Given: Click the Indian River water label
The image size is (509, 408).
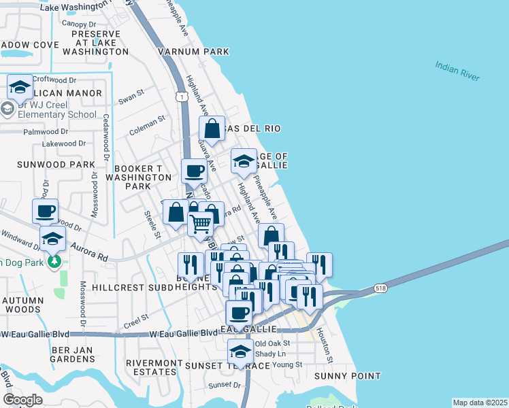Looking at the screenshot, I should [x=458, y=71].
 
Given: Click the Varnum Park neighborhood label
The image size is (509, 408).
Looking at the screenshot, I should [x=193, y=52].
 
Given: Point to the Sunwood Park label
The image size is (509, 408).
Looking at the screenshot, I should [x=48, y=165].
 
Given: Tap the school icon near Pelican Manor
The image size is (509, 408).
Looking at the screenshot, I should [x=20, y=87].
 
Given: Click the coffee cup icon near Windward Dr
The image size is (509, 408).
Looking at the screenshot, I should [x=45, y=211].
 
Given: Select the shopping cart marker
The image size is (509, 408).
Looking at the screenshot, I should [x=200, y=223].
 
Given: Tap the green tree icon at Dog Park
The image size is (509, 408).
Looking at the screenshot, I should [x=54, y=261].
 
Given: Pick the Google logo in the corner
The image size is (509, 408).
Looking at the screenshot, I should [x=22, y=399].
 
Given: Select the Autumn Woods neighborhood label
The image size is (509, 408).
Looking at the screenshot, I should [x=22, y=305].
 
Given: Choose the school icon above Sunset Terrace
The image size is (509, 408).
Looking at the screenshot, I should [x=240, y=352].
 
